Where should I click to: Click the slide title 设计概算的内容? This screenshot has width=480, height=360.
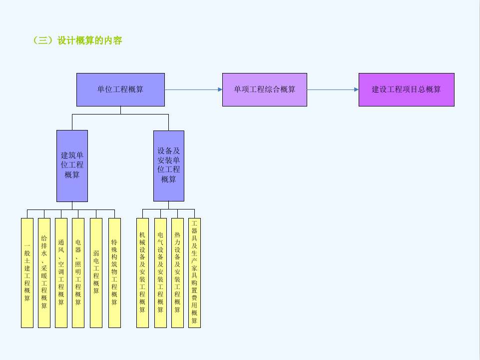90,40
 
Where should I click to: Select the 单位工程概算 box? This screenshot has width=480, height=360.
120,90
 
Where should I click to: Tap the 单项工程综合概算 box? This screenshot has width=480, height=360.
265,90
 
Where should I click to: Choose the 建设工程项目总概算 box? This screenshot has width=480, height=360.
407,90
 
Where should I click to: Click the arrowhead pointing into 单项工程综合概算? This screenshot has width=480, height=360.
220,90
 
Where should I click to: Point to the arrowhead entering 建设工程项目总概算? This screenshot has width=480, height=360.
356,90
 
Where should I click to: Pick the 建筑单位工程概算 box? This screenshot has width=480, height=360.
72,166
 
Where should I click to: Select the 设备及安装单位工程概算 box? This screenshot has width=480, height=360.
169,166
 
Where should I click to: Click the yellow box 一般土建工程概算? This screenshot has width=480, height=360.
27,272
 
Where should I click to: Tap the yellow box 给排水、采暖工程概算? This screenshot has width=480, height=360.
44,272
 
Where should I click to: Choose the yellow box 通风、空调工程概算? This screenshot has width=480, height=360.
61,272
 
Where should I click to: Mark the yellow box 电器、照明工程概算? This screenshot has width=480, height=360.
78,272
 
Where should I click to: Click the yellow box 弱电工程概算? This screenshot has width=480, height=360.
96,272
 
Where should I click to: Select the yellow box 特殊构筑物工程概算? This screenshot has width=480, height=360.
114,272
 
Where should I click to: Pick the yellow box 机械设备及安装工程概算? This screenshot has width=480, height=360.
142,272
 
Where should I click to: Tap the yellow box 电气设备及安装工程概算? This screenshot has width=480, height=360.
160,272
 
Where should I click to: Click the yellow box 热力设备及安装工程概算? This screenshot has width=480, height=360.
177,272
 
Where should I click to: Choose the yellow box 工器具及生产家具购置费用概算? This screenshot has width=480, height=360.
194,272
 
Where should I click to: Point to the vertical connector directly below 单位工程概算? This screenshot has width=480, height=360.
120,110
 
